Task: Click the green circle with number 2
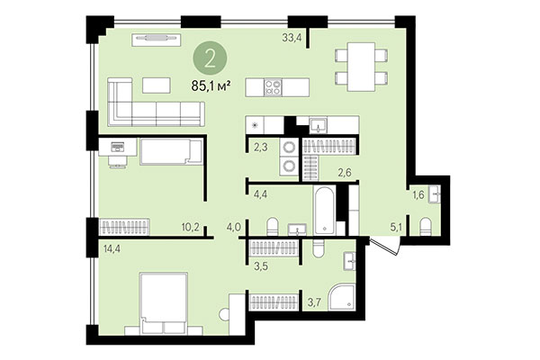(x=210, y=58)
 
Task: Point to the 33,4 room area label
(x=291, y=37)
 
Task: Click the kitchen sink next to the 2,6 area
(x=319, y=127)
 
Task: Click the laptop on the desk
(x=117, y=147)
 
